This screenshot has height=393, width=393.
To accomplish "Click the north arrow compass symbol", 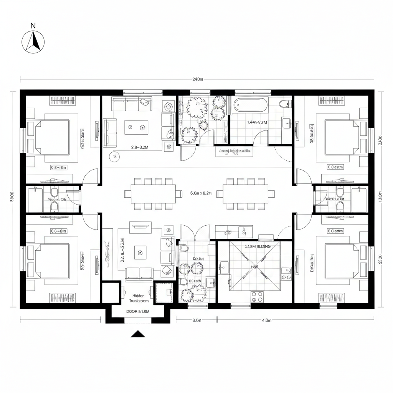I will tap(33, 41).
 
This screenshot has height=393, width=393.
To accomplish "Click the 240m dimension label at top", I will tap(197, 79).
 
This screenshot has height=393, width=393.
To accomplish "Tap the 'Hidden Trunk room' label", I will tap(138, 298).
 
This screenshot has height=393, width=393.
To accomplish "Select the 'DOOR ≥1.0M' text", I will tap(138, 312).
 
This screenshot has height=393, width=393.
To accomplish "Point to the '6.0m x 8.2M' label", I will tap(201, 193).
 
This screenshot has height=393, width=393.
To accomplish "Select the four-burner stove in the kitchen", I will tap(257, 296).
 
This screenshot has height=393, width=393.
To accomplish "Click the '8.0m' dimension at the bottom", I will tap(196, 320).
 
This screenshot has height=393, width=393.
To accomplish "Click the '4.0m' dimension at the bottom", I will tap(266, 320).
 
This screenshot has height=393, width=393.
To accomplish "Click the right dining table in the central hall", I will tap(246, 194).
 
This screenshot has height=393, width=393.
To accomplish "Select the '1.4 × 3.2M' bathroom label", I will tap(257, 122).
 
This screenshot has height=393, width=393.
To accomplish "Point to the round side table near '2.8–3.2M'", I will tap(114, 156).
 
